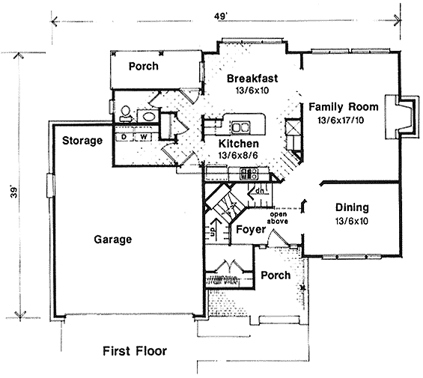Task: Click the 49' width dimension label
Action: coord(221,16)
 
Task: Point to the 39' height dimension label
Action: coord(13,192)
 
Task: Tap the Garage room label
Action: coord(113,240)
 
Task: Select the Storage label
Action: coord(82,141)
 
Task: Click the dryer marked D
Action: coord(124,137)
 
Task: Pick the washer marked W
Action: coord(143,137)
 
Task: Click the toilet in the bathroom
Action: coord(126,114)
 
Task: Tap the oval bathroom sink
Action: coord(147,116)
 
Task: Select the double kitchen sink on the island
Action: coord(240,127)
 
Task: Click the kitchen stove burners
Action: coord(249,174)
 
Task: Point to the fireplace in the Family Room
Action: coord(402,117)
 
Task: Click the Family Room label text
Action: coord(344,107)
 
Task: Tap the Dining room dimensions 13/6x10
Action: coord(352,222)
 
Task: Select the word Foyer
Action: coord(251,230)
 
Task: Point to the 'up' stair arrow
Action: coord(214,228)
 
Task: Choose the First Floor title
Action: coord(135,351)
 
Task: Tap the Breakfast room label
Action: coord(252,79)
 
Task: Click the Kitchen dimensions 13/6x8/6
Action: coord(238,155)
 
